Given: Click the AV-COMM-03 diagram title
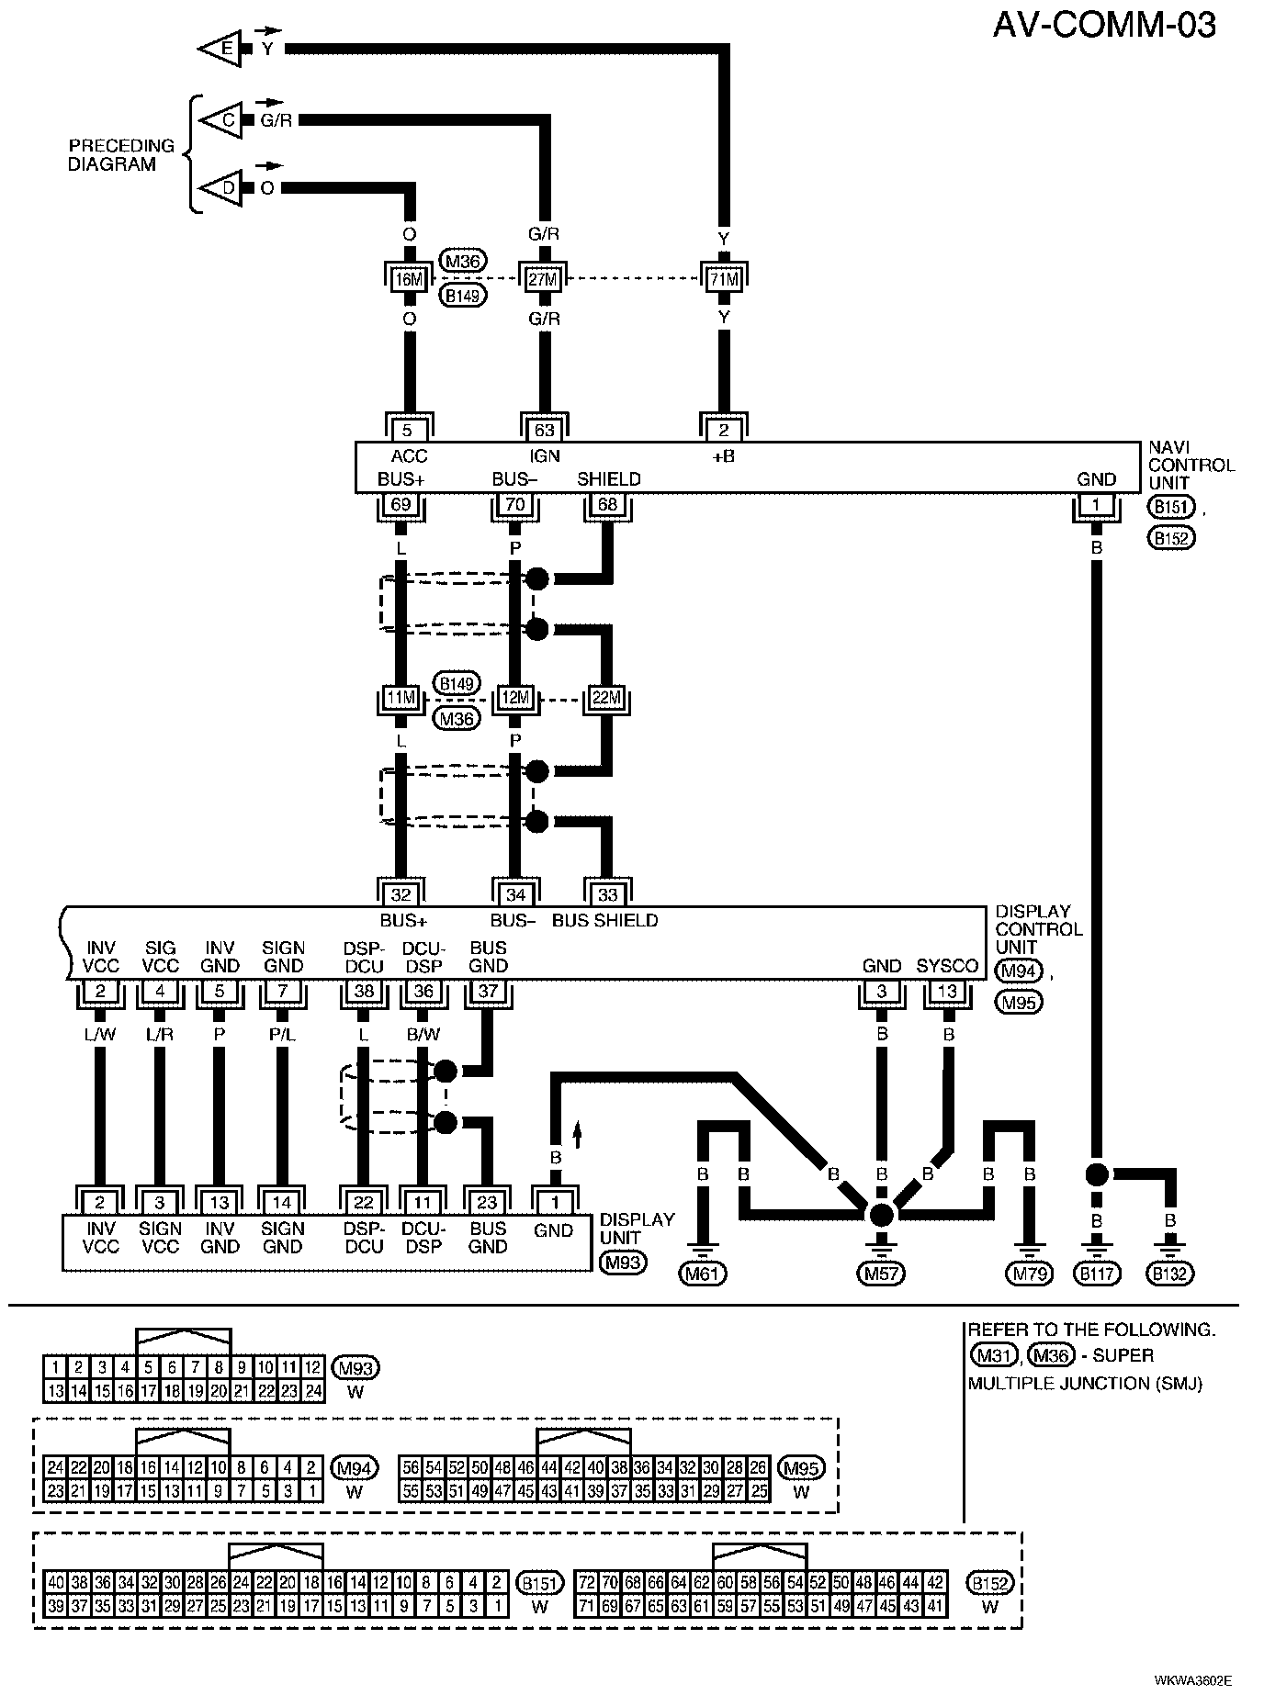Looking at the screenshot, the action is click(1104, 25).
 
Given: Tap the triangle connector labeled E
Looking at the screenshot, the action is click(220, 50).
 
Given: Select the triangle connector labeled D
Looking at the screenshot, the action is click(220, 188).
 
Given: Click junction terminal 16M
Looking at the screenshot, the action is click(409, 278).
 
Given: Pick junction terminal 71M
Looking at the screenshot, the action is click(724, 278).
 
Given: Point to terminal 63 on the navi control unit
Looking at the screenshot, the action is click(545, 430).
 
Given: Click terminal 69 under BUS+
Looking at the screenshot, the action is click(401, 504).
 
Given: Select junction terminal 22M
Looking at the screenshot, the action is click(606, 699).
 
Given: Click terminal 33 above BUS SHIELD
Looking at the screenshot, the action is click(607, 894).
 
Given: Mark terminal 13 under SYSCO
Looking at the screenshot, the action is click(948, 992).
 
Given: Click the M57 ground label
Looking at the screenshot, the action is click(881, 1274).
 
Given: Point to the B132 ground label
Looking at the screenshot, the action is click(1170, 1274).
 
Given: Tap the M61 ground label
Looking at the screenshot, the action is click(702, 1274).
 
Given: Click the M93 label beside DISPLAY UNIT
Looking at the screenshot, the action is click(623, 1263).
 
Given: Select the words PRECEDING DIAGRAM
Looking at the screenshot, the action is click(121, 155).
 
